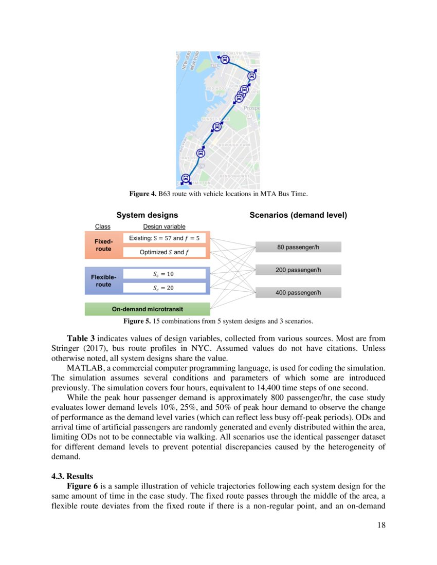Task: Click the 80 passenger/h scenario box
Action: [298, 247]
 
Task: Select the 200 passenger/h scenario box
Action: [298, 270]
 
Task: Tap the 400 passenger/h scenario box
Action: [298, 292]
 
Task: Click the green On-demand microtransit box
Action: [148, 309]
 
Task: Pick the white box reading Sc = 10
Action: [164, 274]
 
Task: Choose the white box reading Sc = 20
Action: [164, 288]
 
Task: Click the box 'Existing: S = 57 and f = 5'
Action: [164, 238]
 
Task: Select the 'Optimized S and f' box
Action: [164, 252]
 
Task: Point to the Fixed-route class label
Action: [103, 245]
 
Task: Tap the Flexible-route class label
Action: [103, 280]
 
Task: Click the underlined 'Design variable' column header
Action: [164, 227]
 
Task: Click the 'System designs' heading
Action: [147, 215]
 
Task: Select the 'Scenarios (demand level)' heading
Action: [298, 215]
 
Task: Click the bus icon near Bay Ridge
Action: [201, 153]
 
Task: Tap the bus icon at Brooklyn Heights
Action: [225, 60]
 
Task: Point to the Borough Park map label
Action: [234, 145]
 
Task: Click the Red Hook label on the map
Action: [216, 88]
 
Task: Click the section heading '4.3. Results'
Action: [72, 476]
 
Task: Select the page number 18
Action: [380, 525]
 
